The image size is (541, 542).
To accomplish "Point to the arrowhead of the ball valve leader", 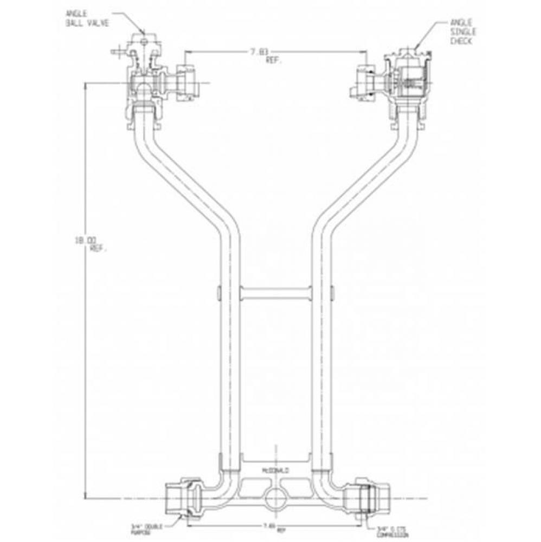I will (143, 38).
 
